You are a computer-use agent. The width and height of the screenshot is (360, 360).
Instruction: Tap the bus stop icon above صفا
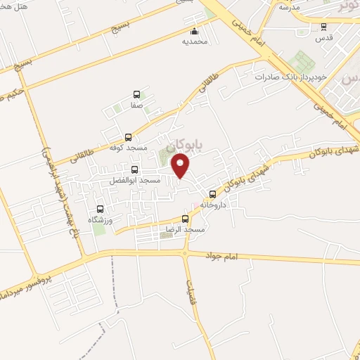pyautogui.click(x=136, y=94)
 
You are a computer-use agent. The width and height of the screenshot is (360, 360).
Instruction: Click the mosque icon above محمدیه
pyautogui.click(x=194, y=32)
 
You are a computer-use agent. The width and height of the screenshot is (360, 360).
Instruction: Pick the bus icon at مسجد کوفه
pyautogui.click(x=128, y=138)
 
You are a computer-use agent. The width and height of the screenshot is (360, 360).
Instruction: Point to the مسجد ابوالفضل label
pyautogui.click(x=135, y=181)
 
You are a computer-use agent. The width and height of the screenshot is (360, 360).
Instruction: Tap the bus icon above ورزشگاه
pyautogui.click(x=100, y=209)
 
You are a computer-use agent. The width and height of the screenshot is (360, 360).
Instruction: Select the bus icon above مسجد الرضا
pyautogui.click(x=186, y=219)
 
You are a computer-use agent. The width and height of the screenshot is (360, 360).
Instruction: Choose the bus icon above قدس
pyautogui.click(x=323, y=27)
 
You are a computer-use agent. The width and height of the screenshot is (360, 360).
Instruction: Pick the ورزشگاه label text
pyautogui.click(x=101, y=219)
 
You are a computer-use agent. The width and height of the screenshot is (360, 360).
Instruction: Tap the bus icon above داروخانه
pyautogui.click(x=212, y=194)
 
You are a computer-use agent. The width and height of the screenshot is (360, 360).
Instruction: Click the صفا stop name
pyautogui.click(x=136, y=105)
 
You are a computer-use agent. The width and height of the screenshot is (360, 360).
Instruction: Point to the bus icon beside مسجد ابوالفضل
pyautogui.click(x=135, y=169)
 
